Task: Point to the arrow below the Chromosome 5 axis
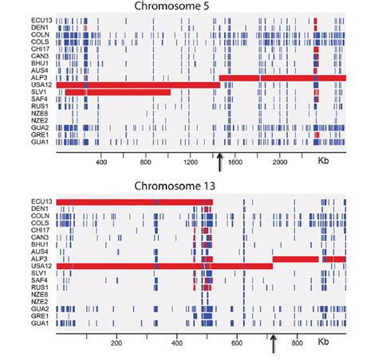point(219,162)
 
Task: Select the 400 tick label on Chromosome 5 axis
point(101,162)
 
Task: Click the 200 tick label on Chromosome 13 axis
point(116,343)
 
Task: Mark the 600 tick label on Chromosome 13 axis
point(236,343)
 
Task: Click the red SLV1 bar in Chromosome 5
point(128,92)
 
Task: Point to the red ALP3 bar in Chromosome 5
point(287,77)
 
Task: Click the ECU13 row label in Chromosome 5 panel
point(41,20)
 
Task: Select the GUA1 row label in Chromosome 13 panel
point(42,323)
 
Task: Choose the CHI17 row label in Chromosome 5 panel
point(41,49)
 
